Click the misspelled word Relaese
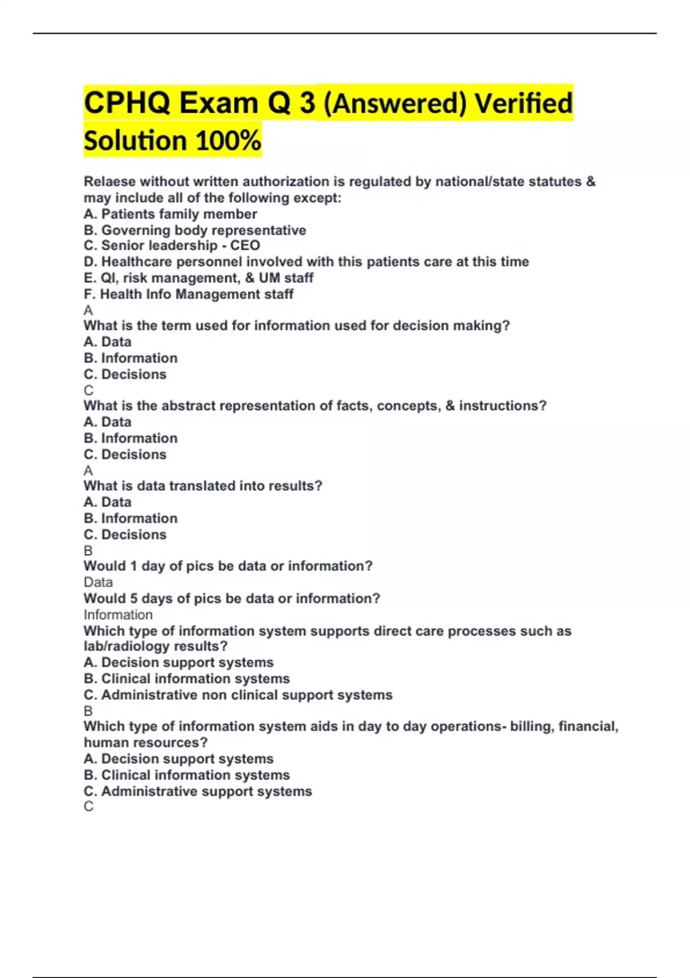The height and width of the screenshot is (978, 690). [110, 182]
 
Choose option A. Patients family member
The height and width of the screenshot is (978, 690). [170, 214]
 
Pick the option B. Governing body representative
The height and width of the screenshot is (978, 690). [195, 230]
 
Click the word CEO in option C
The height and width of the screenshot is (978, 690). [245, 246]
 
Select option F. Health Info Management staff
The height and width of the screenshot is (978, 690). [189, 294]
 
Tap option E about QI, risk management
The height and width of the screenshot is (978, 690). [198, 278]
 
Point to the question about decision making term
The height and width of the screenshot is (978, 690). [297, 326]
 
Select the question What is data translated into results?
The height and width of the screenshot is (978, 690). [203, 486]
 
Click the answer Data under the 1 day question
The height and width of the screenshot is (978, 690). [98, 582]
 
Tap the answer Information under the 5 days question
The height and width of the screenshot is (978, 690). [118, 614]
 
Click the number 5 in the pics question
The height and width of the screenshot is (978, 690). [134, 598]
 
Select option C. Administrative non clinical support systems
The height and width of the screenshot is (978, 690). [238, 695]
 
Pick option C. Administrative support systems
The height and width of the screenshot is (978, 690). [198, 791]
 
